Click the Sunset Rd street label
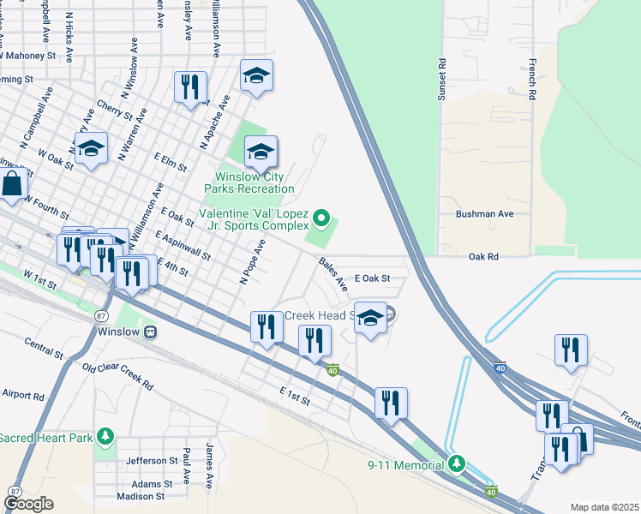click(442, 80)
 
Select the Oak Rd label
click(483, 256)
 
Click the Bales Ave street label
click(333, 272)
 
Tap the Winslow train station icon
click(151, 332)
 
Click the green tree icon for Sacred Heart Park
click(105, 438)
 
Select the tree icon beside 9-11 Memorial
click(457, 464)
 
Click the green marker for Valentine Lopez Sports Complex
click(321, 219)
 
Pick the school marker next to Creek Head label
click(369, 318)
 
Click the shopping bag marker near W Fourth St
click(12, 183)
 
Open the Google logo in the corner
click(28, 504)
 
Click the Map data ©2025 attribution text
click(603, 507)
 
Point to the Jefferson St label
click(151, 461)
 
